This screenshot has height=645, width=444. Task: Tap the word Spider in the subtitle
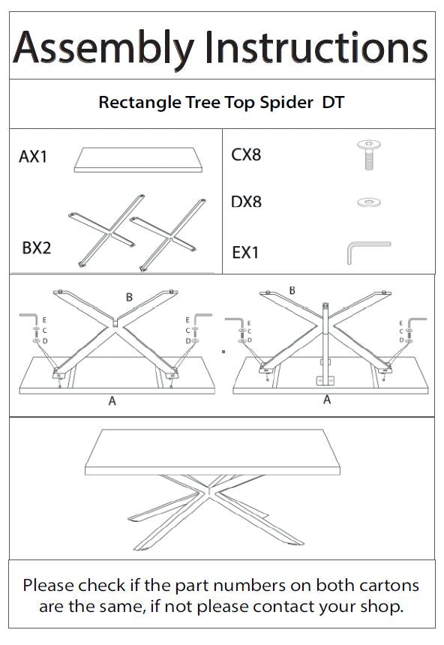click(285, 103)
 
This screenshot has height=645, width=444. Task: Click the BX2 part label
click(36, 247)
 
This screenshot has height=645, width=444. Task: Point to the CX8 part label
click(247, 155)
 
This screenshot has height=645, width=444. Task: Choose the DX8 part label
click(247, 202)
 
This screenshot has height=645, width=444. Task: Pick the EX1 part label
click(245, 253)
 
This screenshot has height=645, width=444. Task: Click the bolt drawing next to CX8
click(367, 154)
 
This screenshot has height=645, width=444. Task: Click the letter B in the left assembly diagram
click(129, 298)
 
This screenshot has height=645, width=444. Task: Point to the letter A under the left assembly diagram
click(112, 401)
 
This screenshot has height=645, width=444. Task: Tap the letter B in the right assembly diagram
click(292, 290)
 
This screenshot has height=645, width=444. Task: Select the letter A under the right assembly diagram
click(327, 400)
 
